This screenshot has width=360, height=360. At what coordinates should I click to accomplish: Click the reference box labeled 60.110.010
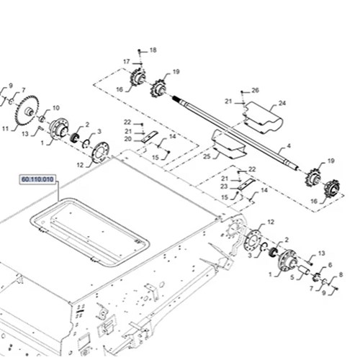37,179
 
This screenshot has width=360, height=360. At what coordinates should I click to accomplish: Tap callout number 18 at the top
153,50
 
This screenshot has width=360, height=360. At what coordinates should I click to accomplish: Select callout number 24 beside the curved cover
282,103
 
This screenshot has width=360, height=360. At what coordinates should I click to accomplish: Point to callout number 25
207,156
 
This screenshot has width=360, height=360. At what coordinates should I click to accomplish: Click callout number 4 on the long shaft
289,145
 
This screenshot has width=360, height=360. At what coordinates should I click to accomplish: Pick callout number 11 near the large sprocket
6,129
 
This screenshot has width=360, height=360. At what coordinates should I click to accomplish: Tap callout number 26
255,90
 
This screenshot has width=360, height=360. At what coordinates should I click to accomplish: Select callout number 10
56,108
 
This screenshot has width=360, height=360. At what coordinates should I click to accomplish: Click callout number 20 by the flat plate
128,139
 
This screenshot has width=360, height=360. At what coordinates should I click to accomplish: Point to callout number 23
224,186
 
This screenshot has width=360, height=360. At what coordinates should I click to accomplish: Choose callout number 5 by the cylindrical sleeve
292,277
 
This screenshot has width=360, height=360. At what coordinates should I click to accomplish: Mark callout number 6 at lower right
330,265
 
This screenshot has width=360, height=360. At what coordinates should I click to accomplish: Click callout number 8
341,274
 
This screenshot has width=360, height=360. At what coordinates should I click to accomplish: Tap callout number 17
127,62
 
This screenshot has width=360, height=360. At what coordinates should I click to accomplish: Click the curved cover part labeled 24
264,117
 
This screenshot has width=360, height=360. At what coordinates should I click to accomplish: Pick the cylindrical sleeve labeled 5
304,271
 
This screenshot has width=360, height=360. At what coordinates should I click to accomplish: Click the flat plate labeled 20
150,137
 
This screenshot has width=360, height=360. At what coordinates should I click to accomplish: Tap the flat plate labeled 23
247,184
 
